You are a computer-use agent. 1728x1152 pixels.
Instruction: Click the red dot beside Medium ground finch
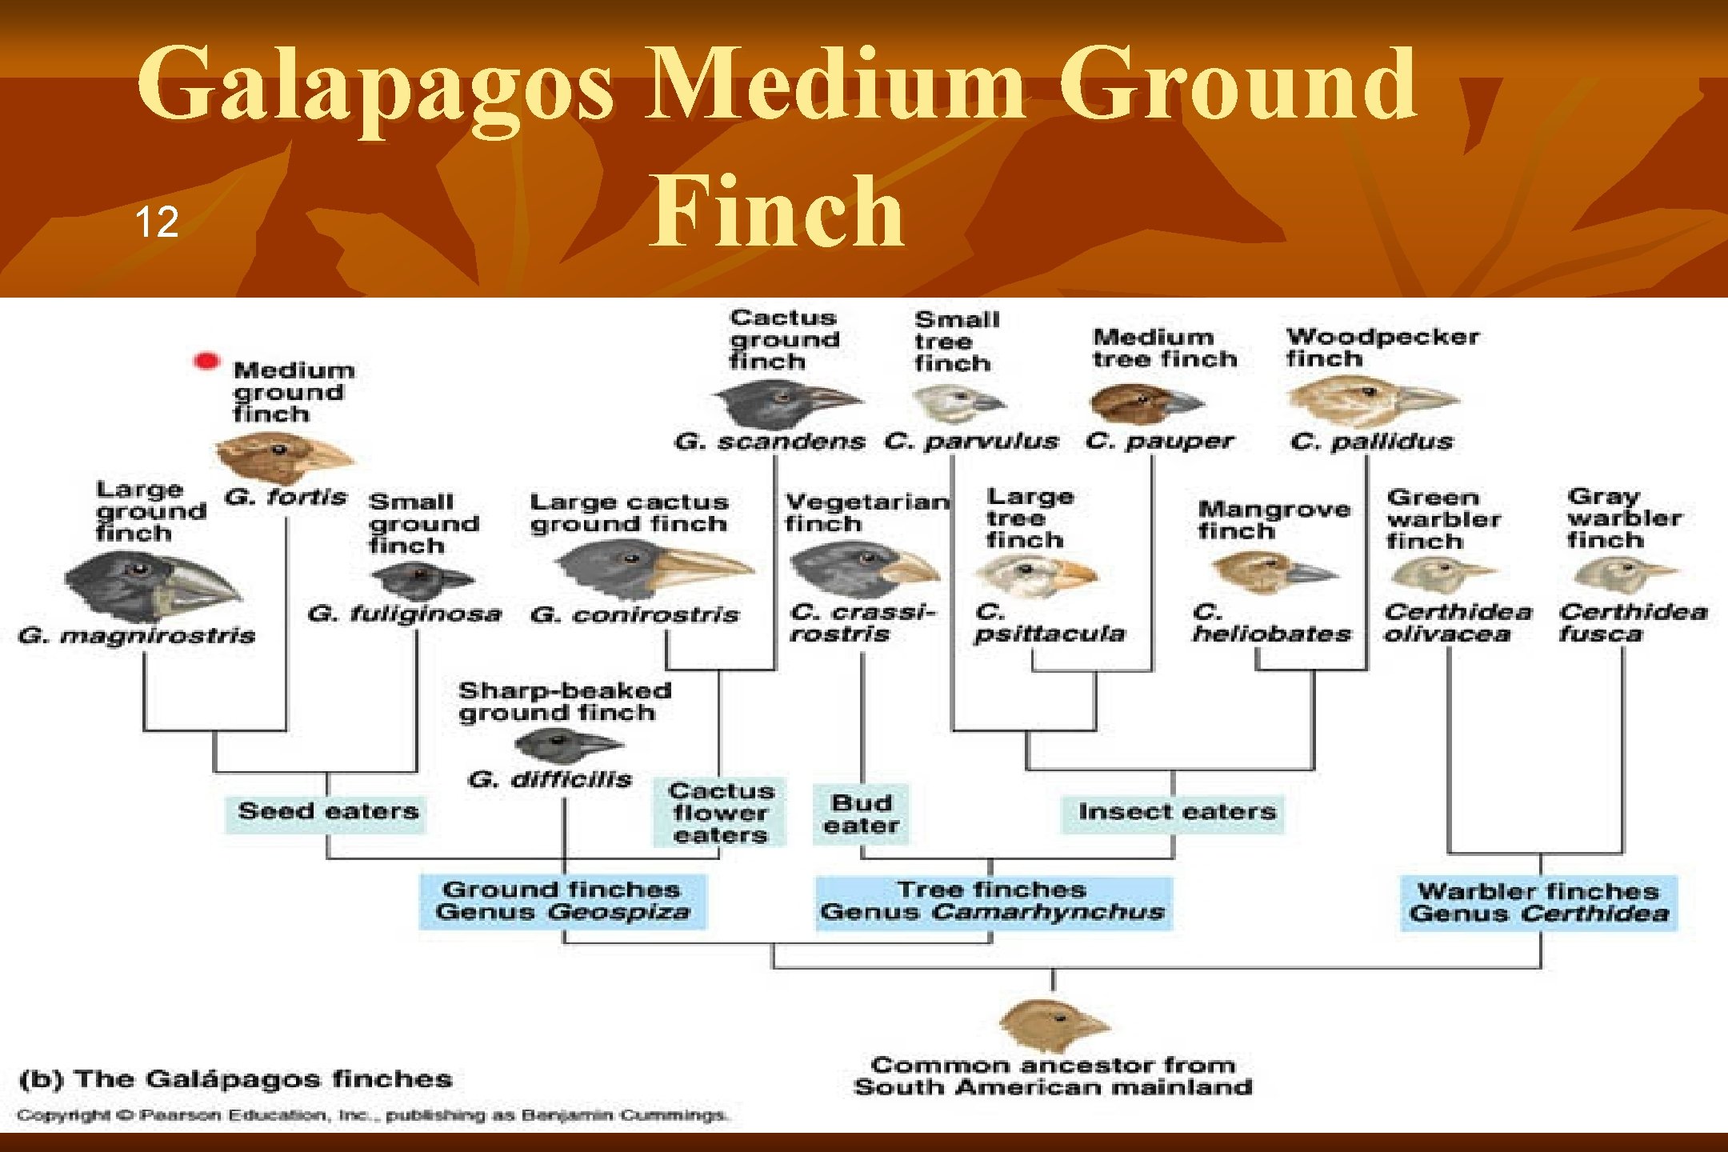[206, 362]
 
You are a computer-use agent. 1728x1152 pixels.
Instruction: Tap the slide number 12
[156, 222]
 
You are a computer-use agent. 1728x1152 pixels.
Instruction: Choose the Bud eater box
[861, 814]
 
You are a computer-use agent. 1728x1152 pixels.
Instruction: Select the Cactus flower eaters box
[720, 813]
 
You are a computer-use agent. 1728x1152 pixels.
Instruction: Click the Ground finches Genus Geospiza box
[563, 902]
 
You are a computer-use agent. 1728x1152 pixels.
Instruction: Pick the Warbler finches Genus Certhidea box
[1539, 903]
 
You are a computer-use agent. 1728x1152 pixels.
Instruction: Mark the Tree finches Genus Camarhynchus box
[993, 902]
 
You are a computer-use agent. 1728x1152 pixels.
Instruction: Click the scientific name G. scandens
[769, 441]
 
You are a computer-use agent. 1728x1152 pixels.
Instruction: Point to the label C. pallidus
[1371, 441]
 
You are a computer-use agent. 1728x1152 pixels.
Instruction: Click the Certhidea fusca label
[1632, 622]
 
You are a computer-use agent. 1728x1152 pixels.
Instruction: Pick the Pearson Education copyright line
[372, 1115]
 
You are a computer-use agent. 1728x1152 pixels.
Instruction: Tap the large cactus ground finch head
[652, 568]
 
